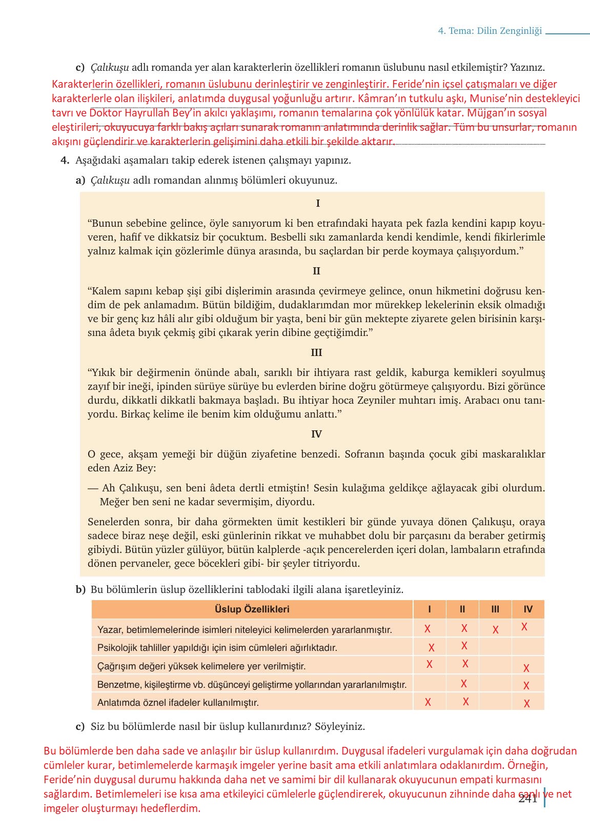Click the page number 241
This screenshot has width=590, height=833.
coord(527,799)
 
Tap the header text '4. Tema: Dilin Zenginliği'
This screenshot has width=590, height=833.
coord(490,31)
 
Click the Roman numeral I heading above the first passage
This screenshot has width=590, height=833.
coord(318,204)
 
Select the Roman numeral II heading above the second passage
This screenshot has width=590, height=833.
coord(316,271)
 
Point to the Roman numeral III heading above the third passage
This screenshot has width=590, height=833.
coord(316,352)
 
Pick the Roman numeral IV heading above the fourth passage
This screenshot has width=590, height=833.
coord(316,434)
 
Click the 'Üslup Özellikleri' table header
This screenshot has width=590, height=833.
coord(252,609)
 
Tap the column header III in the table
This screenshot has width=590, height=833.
coord(495,609)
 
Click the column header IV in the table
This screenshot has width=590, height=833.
coord(528,609)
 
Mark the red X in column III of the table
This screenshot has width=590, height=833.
coord(495,630)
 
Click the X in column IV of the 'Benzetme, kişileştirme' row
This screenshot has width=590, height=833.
coord(526,686)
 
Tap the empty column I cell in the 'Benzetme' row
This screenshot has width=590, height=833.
coord(429,684)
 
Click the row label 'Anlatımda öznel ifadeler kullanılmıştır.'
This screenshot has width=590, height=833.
coord(178,703)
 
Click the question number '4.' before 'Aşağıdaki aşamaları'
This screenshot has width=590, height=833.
coord(65,160)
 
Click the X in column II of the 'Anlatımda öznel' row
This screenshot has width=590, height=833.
coord(465,702)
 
